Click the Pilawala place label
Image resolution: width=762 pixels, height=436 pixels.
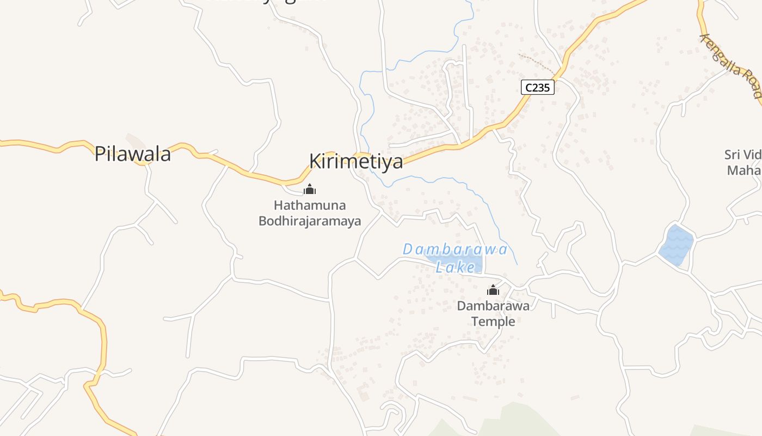click(132, 154)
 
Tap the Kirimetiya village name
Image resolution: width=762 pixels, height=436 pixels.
click(356, 161)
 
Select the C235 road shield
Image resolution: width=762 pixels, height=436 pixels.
click(537, 87)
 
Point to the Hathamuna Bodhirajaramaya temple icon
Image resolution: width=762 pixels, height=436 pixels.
click(310, 190)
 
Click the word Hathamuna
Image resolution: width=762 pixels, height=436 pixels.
click(310, 206)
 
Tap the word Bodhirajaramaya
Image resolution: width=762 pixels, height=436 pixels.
click(310, 221)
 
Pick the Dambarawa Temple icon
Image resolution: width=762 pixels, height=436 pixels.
click(493, 290)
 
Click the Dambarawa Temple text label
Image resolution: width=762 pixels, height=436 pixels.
click(493, 313)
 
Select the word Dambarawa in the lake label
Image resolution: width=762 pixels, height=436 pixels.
click(455, 250)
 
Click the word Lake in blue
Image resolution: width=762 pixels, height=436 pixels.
click(456, 268)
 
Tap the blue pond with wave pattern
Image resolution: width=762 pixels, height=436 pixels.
click(676, 245)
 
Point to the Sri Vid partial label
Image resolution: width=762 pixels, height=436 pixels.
click(742, 155)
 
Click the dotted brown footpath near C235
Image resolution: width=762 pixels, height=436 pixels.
click(537, 63)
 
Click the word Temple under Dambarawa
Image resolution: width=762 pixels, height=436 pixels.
click(493, 322)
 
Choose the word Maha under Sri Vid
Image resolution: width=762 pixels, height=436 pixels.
click(743, 171)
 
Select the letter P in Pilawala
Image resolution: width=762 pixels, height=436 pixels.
click(100, 154)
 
